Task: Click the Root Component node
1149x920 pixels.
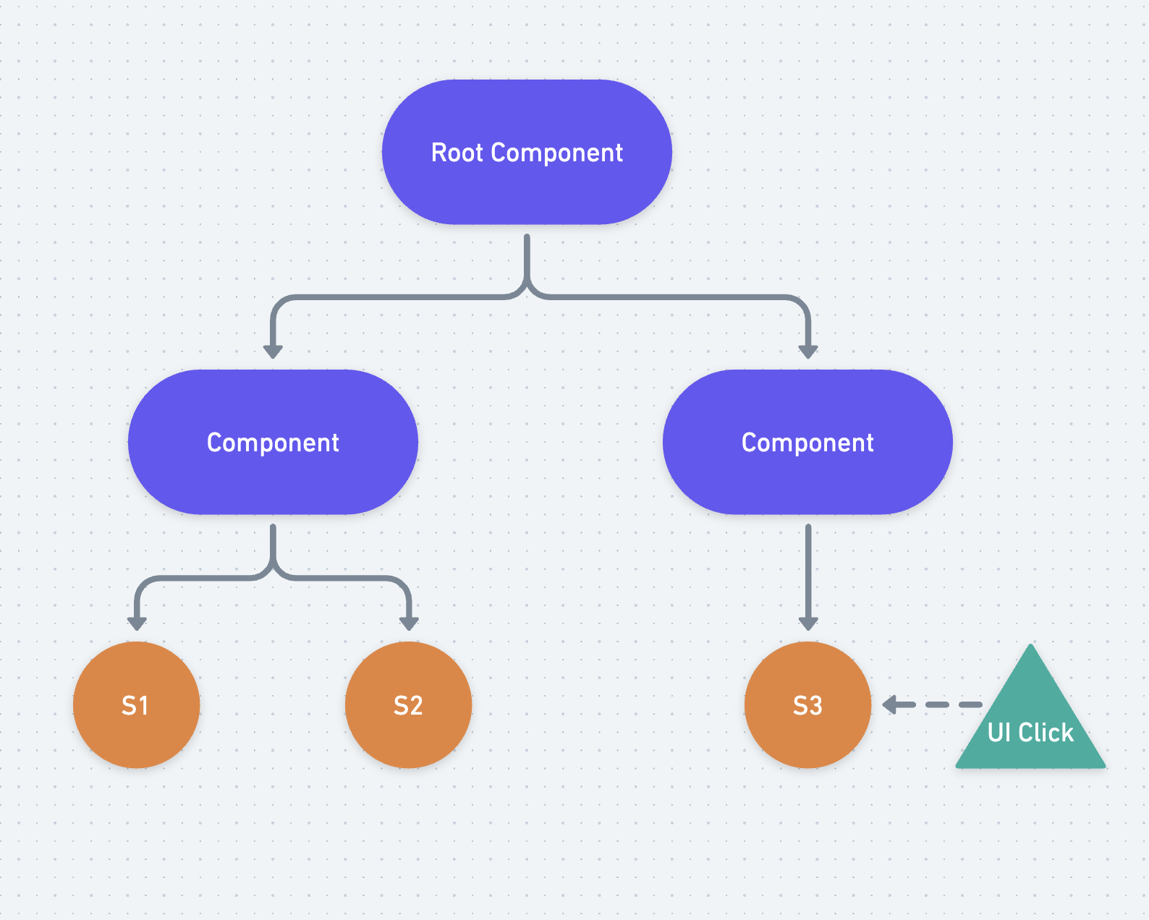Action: (527, 152)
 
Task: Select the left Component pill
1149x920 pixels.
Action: (273, 442)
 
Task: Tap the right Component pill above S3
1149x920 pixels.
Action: (807, 442)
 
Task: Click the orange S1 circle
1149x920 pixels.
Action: (136, 705)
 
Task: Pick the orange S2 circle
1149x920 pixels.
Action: (408, 705)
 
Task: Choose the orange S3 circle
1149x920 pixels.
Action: (807, 705)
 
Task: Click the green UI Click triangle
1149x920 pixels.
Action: (1030, 723)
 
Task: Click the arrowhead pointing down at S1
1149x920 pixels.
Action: (137, 623)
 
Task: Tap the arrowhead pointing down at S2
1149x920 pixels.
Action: (409, 623)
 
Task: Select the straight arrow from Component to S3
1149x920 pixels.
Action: (808, 571)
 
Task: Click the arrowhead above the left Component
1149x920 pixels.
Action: (273, 352)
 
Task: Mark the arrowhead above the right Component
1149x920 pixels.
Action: (808, 352)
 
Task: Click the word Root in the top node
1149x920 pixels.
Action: (457, 153)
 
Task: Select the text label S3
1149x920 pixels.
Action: (807, 705)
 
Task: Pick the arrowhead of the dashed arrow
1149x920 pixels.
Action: (891, 704)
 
